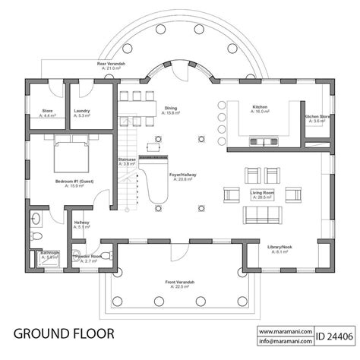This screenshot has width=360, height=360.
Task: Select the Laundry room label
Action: [82, 113]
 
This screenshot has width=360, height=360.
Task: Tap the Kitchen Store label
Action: [317, 118]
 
